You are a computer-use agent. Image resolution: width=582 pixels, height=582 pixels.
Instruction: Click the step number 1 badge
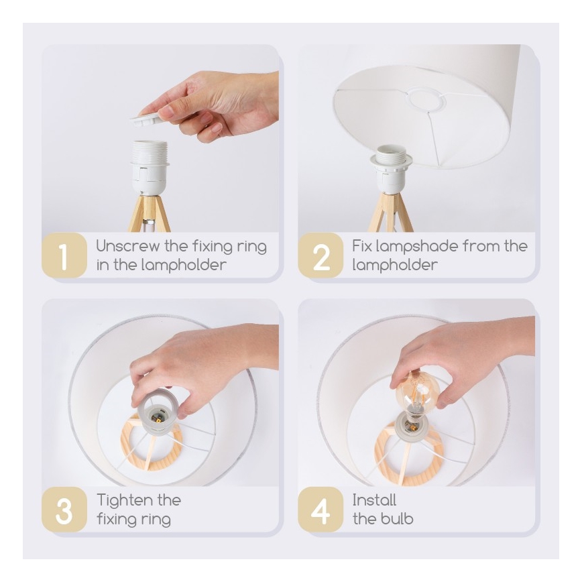pyautogui.click(x=64, y=255)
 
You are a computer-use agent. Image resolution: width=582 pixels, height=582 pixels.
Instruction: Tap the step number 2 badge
pyautogui.click(x=321, y=255)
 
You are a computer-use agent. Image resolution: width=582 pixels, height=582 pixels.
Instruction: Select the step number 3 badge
pyautogui.click(x=64, y=510)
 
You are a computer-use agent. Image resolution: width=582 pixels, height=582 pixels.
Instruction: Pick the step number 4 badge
pyautogui.click(x=321, y=510)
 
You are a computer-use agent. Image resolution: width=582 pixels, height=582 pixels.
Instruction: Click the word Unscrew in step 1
pyautogui.click(x=128, y=246)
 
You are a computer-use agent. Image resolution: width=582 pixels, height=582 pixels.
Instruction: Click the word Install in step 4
pyautogui.click(x=374, y=500)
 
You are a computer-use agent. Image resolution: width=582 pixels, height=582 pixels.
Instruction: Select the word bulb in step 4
pyautogui.click(x=398, y=519)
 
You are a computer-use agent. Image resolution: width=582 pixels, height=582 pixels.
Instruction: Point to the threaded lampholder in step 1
pyautogui.click(x=149, y=168)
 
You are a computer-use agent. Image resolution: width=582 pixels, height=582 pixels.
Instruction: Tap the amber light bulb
pyautogui.click(x=417, y=394)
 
